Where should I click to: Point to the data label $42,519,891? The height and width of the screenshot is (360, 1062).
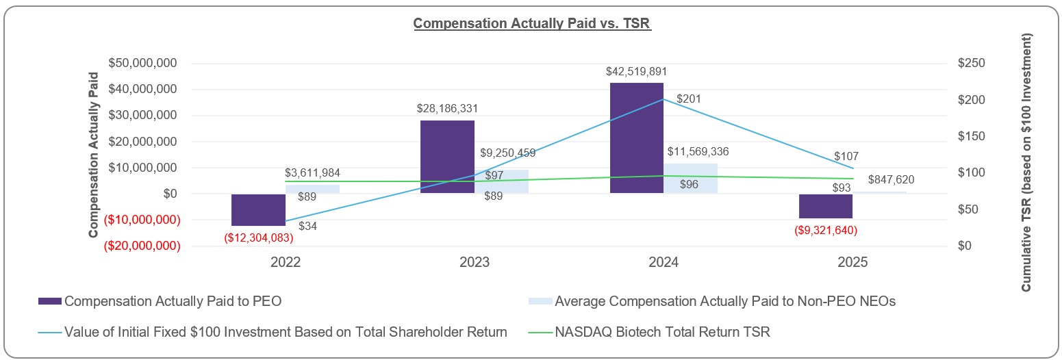pos(636,71)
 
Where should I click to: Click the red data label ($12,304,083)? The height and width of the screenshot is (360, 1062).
pos(259,237)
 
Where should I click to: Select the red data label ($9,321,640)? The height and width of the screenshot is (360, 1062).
pos(825,230)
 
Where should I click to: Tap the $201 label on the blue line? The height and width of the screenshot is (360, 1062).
pos(688,99)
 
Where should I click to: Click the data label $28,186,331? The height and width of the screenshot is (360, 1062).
pos(447,108)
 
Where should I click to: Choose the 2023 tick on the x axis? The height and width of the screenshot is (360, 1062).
pos(475,263)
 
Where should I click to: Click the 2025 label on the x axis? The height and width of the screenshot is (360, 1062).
pos(852,263)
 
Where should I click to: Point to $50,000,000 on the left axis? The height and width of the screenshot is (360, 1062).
pos(143,63)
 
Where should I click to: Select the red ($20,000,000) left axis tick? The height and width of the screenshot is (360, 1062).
pos(142,246)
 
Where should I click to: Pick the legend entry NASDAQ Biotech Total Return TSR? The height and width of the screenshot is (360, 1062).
pos(662,332)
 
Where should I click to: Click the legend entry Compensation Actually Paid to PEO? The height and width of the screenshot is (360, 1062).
pos(172,301)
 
